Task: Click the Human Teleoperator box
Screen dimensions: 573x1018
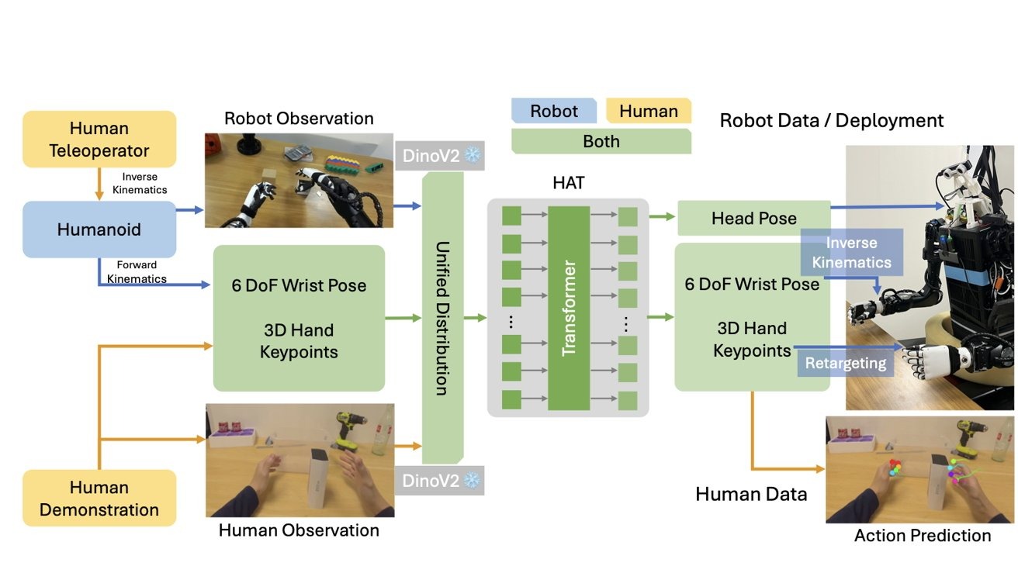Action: point(99,140)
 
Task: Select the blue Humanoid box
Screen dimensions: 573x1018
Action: point(99,230)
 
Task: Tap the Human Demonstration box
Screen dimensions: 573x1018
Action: point(99,499)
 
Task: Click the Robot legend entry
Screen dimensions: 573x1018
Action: point(554,111)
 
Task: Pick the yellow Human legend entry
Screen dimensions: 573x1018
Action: point(648,111)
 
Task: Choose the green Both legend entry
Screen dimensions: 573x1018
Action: point(601,141)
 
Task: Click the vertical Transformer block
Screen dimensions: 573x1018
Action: point(569,308)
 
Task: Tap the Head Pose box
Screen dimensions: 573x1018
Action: point(753,219)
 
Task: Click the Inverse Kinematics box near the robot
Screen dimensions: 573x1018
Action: point(851,253)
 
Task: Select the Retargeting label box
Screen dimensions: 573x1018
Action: point(845,364)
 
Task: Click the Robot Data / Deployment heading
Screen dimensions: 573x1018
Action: point(831,120)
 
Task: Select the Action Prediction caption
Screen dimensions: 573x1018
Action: point(922,536)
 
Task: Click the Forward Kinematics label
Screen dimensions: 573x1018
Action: point(137,272)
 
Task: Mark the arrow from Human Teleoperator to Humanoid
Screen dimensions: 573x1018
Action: point(99,185)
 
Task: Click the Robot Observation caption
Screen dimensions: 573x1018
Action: point(299,119)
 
